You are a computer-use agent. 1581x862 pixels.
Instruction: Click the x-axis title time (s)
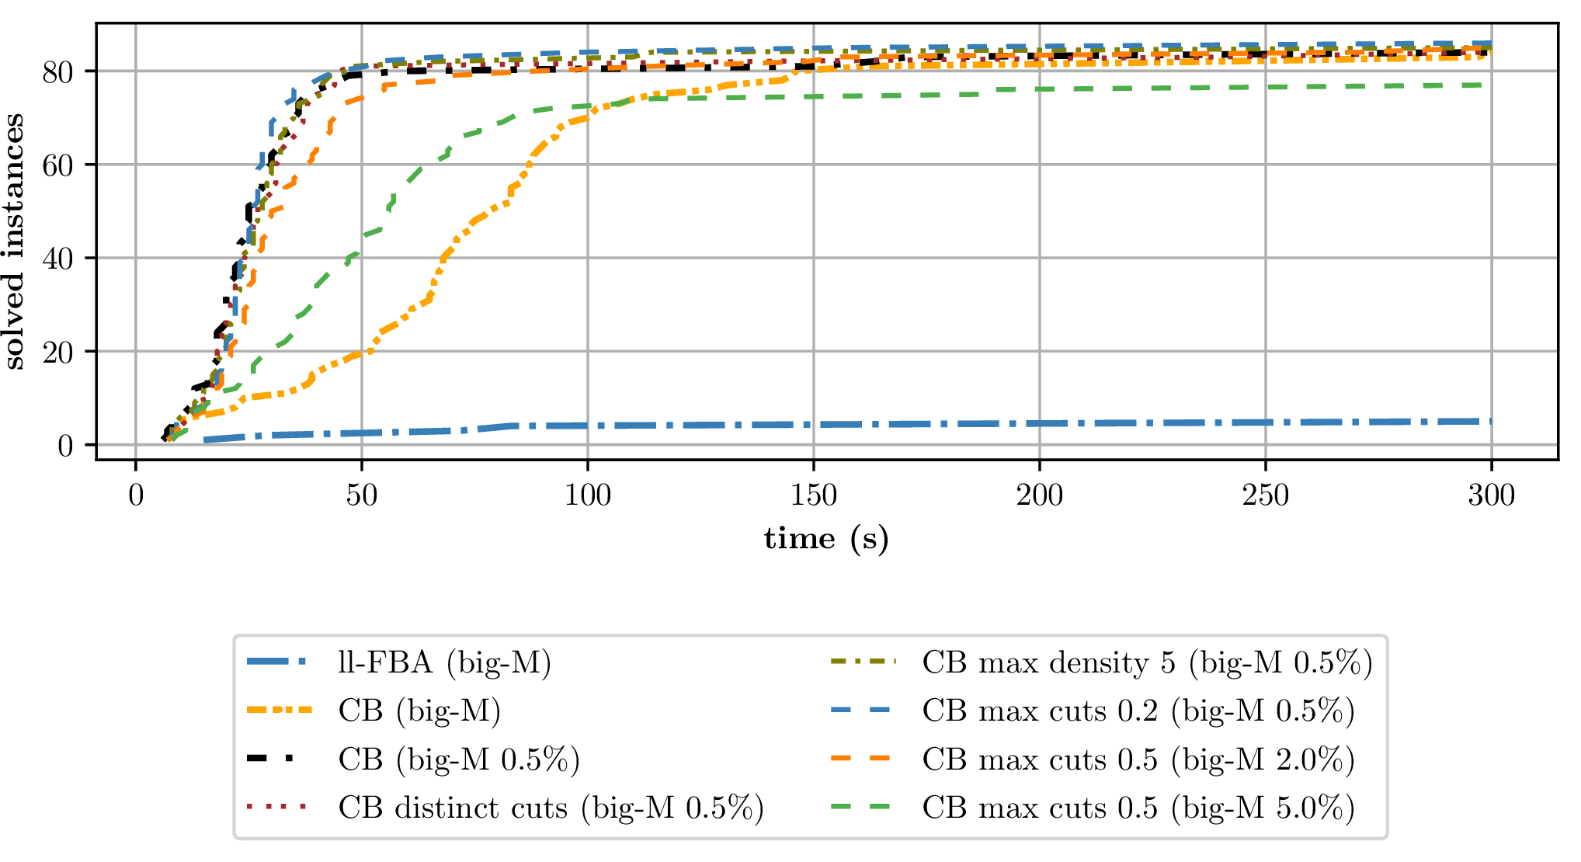(826, 538)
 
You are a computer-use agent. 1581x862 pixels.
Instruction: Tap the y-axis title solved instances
(14, 242)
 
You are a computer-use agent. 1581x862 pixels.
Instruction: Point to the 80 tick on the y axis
(58, 72)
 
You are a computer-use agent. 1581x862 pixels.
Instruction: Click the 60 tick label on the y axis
(58, 165)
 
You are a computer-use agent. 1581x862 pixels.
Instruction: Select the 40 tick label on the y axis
(58, 259)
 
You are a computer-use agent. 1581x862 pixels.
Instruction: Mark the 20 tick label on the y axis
(58, 352)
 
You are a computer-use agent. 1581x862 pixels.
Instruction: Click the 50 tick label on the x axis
(361, 495)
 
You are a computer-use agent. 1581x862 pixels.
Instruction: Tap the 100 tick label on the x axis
(587, 495)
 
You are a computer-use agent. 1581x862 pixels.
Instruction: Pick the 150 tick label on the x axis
(813, 495)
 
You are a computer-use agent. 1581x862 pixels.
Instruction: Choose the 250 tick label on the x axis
(1265, 495)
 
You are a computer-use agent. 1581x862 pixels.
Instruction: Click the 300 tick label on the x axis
(1491, 495)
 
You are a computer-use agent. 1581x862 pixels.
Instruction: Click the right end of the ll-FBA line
(1490, 422)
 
